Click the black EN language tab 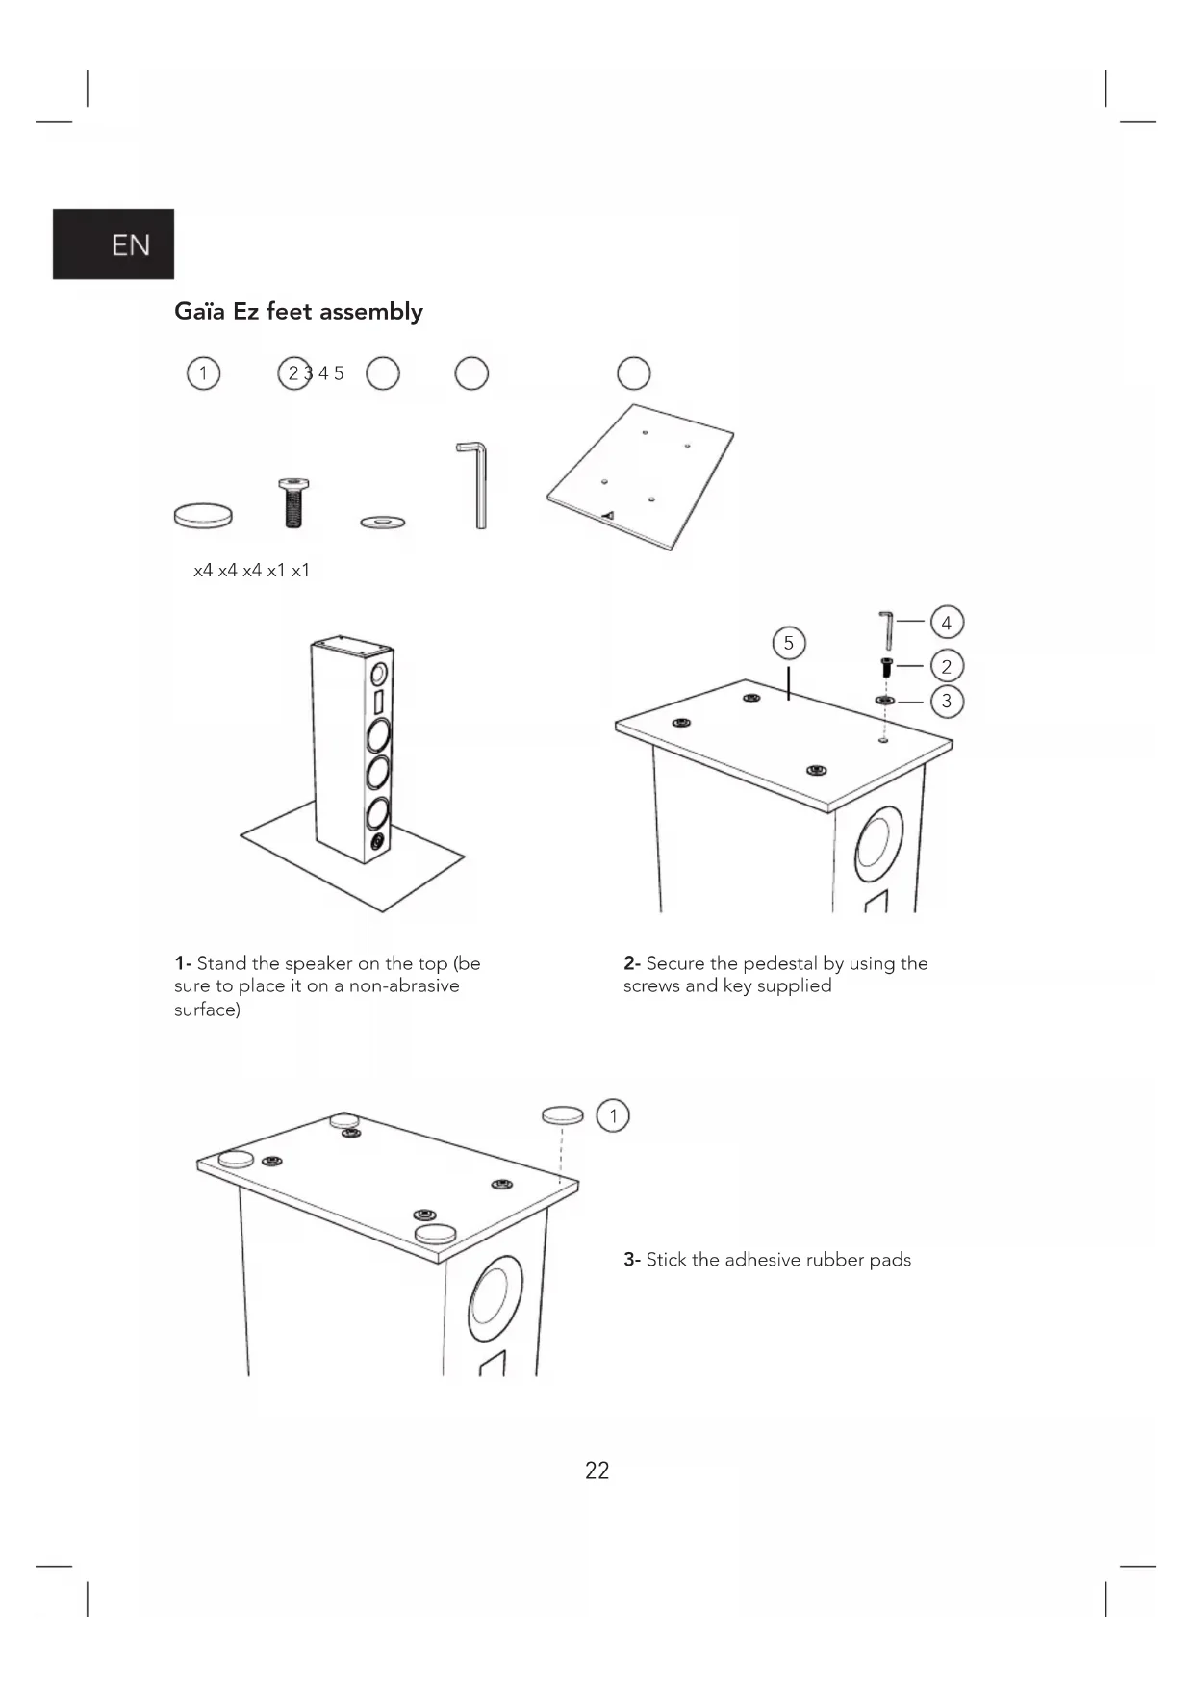[x=114, y=244]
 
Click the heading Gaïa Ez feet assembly [x=298, y=312]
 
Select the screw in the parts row [x=293, y=502]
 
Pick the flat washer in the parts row [x=383, y=522]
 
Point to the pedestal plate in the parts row [x=640, y=475]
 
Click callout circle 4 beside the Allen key [x=947, y=623]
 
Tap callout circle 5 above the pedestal [x=789, y=643]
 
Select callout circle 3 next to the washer [x=947, y=701]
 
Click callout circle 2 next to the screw [x=947, y=666]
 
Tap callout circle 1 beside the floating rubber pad [x=613, y=1115]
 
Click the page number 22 [x=597, y=1471]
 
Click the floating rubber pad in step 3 [x=563, y=1114]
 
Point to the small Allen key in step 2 [x=886, y=629]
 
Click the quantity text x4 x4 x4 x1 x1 [x=251, y=571]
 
